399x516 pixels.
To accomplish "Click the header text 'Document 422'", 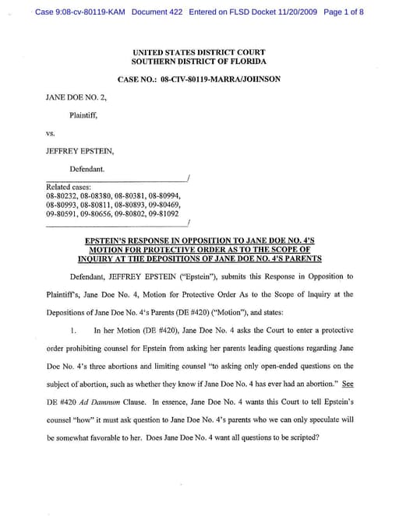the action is [x=159, y=12].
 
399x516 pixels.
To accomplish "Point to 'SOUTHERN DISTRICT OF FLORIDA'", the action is [x=199, y=61].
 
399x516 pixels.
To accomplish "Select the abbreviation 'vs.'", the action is [x=52, y=133].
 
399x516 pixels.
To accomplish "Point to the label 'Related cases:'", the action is [x=69, y=187].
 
